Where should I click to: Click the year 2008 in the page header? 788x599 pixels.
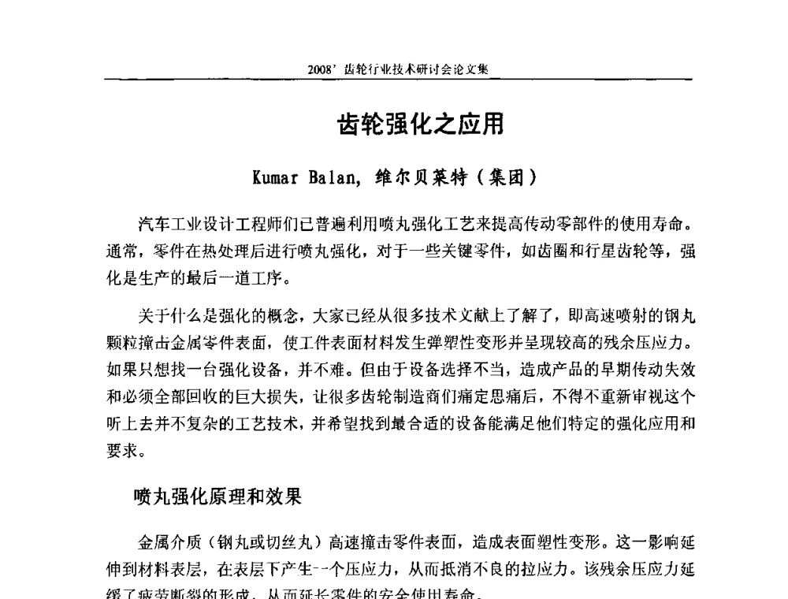322,69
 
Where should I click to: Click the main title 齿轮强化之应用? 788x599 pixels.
420,125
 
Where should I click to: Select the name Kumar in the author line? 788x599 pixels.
275,177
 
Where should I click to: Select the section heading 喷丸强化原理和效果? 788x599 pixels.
217,497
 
